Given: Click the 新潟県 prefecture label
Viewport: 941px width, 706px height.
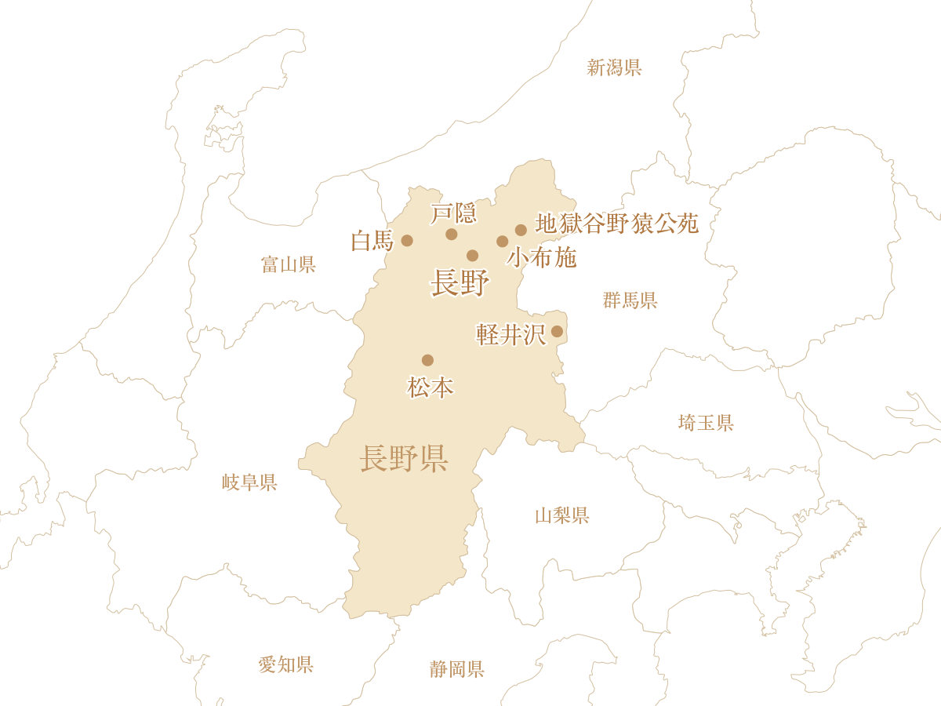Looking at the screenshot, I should tap(615, 67).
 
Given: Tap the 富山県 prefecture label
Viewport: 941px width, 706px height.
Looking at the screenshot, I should tap(288, 264).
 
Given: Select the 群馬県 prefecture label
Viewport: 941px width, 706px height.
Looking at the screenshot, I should tap(630, 300).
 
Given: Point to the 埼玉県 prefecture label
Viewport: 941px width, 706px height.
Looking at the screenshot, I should tap(706, 423).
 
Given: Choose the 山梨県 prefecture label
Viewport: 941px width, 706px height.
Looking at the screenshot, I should tap(562, 515).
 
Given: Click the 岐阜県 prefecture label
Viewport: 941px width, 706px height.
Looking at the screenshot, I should tap(249, 482).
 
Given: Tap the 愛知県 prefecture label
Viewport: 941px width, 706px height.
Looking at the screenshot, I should tap(286, 665).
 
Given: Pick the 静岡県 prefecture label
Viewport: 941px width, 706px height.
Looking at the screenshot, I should tap(457, 669).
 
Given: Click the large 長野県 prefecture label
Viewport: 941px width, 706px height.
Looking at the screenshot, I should tap(404, 458).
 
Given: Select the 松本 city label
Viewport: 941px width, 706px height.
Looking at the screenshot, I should tap(431, 388).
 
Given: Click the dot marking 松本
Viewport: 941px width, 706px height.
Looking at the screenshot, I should tap(427, 360).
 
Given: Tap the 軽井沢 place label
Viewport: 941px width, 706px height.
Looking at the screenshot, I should tap(510, 335).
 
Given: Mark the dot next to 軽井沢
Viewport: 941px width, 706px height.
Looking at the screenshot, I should tap(557, 331).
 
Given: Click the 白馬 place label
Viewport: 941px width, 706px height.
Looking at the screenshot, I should tap(372, 241).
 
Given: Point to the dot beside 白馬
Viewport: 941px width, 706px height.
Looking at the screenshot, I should tap(407, 240).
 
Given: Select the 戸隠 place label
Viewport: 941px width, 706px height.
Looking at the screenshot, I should tap(454, 213).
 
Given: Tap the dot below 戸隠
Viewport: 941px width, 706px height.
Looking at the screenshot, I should tap(452, 234).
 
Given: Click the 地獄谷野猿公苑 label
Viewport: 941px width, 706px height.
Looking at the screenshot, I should tap(616, 224).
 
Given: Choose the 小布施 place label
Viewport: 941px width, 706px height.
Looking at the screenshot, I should tap(542, 257).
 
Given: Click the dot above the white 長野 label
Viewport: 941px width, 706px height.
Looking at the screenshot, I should tap(472, 256).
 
